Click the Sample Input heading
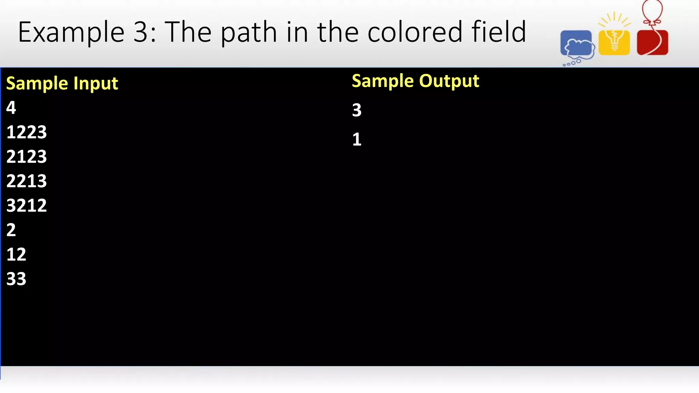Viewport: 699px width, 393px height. coord(62,84)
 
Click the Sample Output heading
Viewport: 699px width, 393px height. coord(415,81)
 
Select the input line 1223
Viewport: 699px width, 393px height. coord(27,132)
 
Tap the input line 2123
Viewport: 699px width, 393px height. coord(27,157)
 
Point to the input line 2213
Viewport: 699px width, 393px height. coord(27,181)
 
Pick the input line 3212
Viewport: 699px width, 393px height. coord(27,205)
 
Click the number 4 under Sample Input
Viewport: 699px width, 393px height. coord(11,108)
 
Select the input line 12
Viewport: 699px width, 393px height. coord(16,254)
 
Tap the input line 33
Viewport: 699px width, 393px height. coord(16,279)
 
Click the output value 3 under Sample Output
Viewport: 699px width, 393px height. coord(357,110)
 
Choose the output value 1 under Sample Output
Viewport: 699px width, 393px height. coord(357,140)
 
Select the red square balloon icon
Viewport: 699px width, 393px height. coord(652,43)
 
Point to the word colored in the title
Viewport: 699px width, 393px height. coord(414,32)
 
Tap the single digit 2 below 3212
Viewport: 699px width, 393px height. coord(11,230)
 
